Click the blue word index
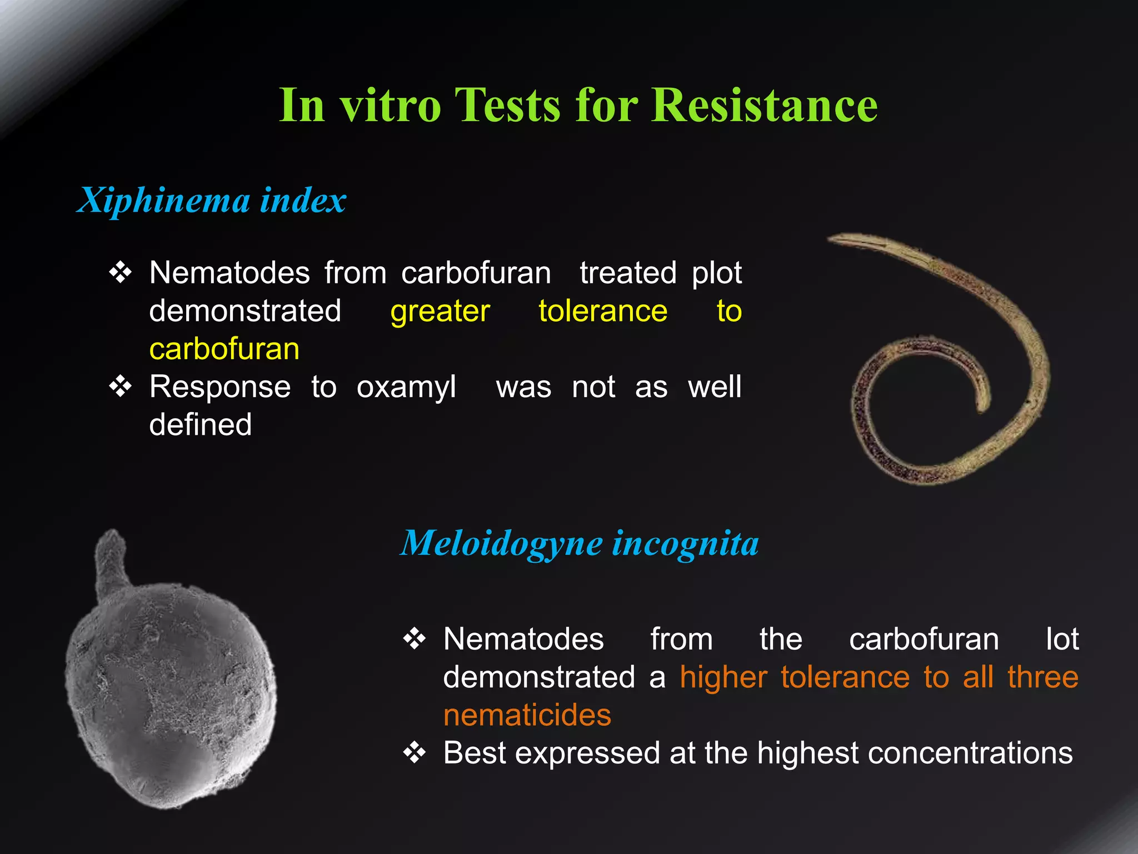(x=303, y=200)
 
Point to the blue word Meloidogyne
(x=502, y=543)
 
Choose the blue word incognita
(x=686, y=543)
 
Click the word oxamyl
(x=406, y=386)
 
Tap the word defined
(x=201, y=425)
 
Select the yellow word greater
(x=440, y=311)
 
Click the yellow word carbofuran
(x=224, y=349)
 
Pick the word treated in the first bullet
(x=628, y=273)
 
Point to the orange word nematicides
(x=527, y=715)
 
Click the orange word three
(x=1043, y=677)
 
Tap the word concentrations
(x=970, y=753)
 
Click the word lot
(x=1062, y=639)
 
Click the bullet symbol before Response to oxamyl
(x=121, y=386)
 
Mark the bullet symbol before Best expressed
(x=415, y=753)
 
